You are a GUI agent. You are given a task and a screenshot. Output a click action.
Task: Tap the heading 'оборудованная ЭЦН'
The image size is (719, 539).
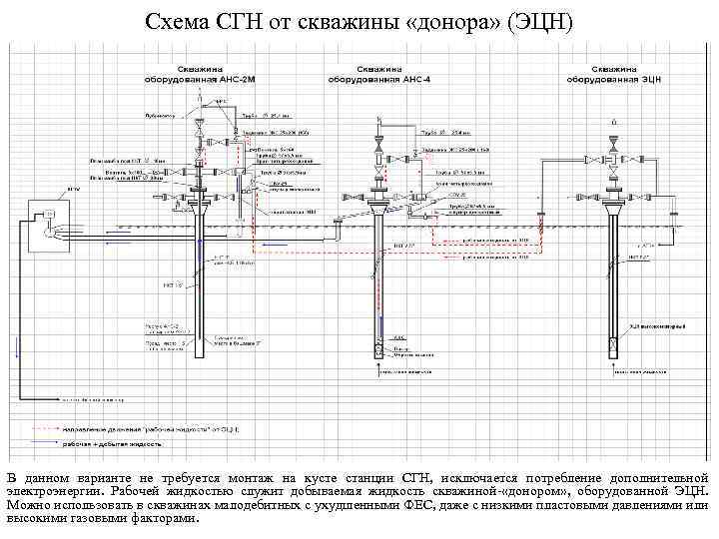(610, 77)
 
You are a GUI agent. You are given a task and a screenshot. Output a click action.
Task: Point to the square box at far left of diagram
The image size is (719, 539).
(46, 214)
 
